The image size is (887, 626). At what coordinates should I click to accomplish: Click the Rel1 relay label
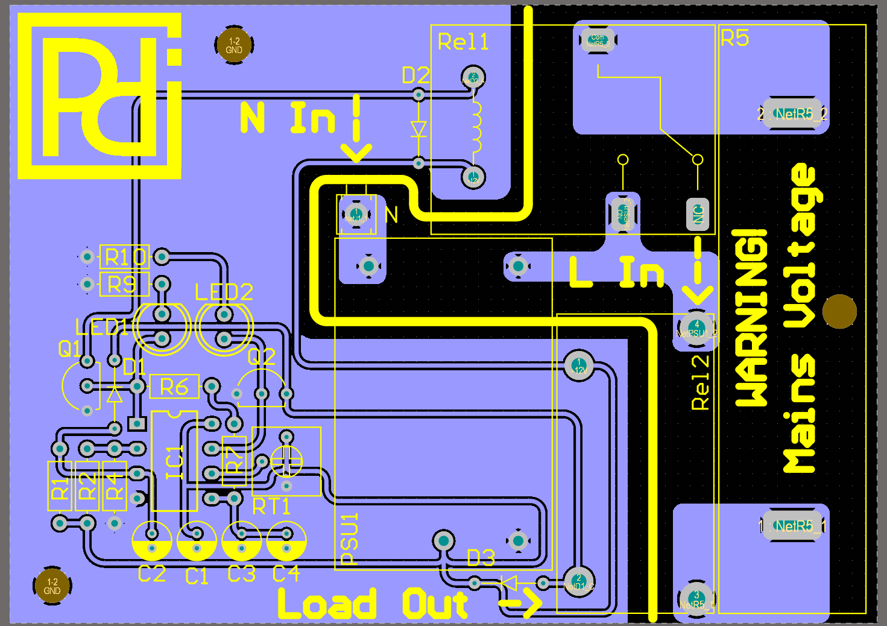(462, 42)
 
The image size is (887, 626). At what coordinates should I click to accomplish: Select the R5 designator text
(734, 39)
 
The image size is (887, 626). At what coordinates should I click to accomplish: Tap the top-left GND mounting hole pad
(234, 45)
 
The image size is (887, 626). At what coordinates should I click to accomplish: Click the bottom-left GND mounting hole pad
(52, 586)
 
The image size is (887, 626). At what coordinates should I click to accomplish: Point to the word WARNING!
(751, 317)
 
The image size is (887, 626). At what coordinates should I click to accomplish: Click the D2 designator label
(415, 75)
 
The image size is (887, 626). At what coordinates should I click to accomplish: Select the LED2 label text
(224, 292)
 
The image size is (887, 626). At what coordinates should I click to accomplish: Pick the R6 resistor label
(174, 387)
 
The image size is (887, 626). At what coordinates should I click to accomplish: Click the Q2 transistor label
(261, 357)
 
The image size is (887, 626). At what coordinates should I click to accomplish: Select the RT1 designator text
(271, 507)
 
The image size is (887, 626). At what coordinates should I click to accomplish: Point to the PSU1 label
(350, 539)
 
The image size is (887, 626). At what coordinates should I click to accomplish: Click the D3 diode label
(481, 558)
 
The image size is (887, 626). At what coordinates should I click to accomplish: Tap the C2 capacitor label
(151, 574)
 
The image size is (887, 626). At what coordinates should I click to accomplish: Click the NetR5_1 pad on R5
(794, 526)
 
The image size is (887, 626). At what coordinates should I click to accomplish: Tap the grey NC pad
(698, 214)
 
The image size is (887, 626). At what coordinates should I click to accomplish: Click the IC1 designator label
(174, 462)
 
